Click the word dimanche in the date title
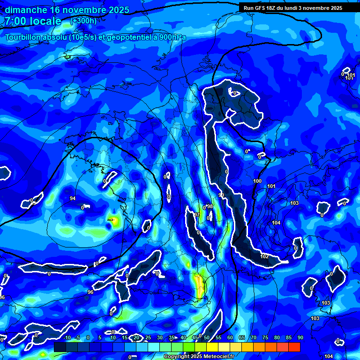coord(26,10)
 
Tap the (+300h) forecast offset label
coord(83,21)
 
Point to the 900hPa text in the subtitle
coord(172,37)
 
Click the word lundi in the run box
coord(288,8)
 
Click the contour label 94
coord(73,198)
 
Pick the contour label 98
coord(210,207)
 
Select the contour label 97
coord(197,215)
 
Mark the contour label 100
coord(257,181)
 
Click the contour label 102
coord(264,256)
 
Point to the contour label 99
coord(221,195)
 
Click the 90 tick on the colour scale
coord(300,337)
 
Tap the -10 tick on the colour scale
coord(67,337)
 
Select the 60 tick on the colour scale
coord(230,337)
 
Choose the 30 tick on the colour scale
coord(160,337)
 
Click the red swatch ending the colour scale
coord(294,347)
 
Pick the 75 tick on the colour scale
coord(265,337)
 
